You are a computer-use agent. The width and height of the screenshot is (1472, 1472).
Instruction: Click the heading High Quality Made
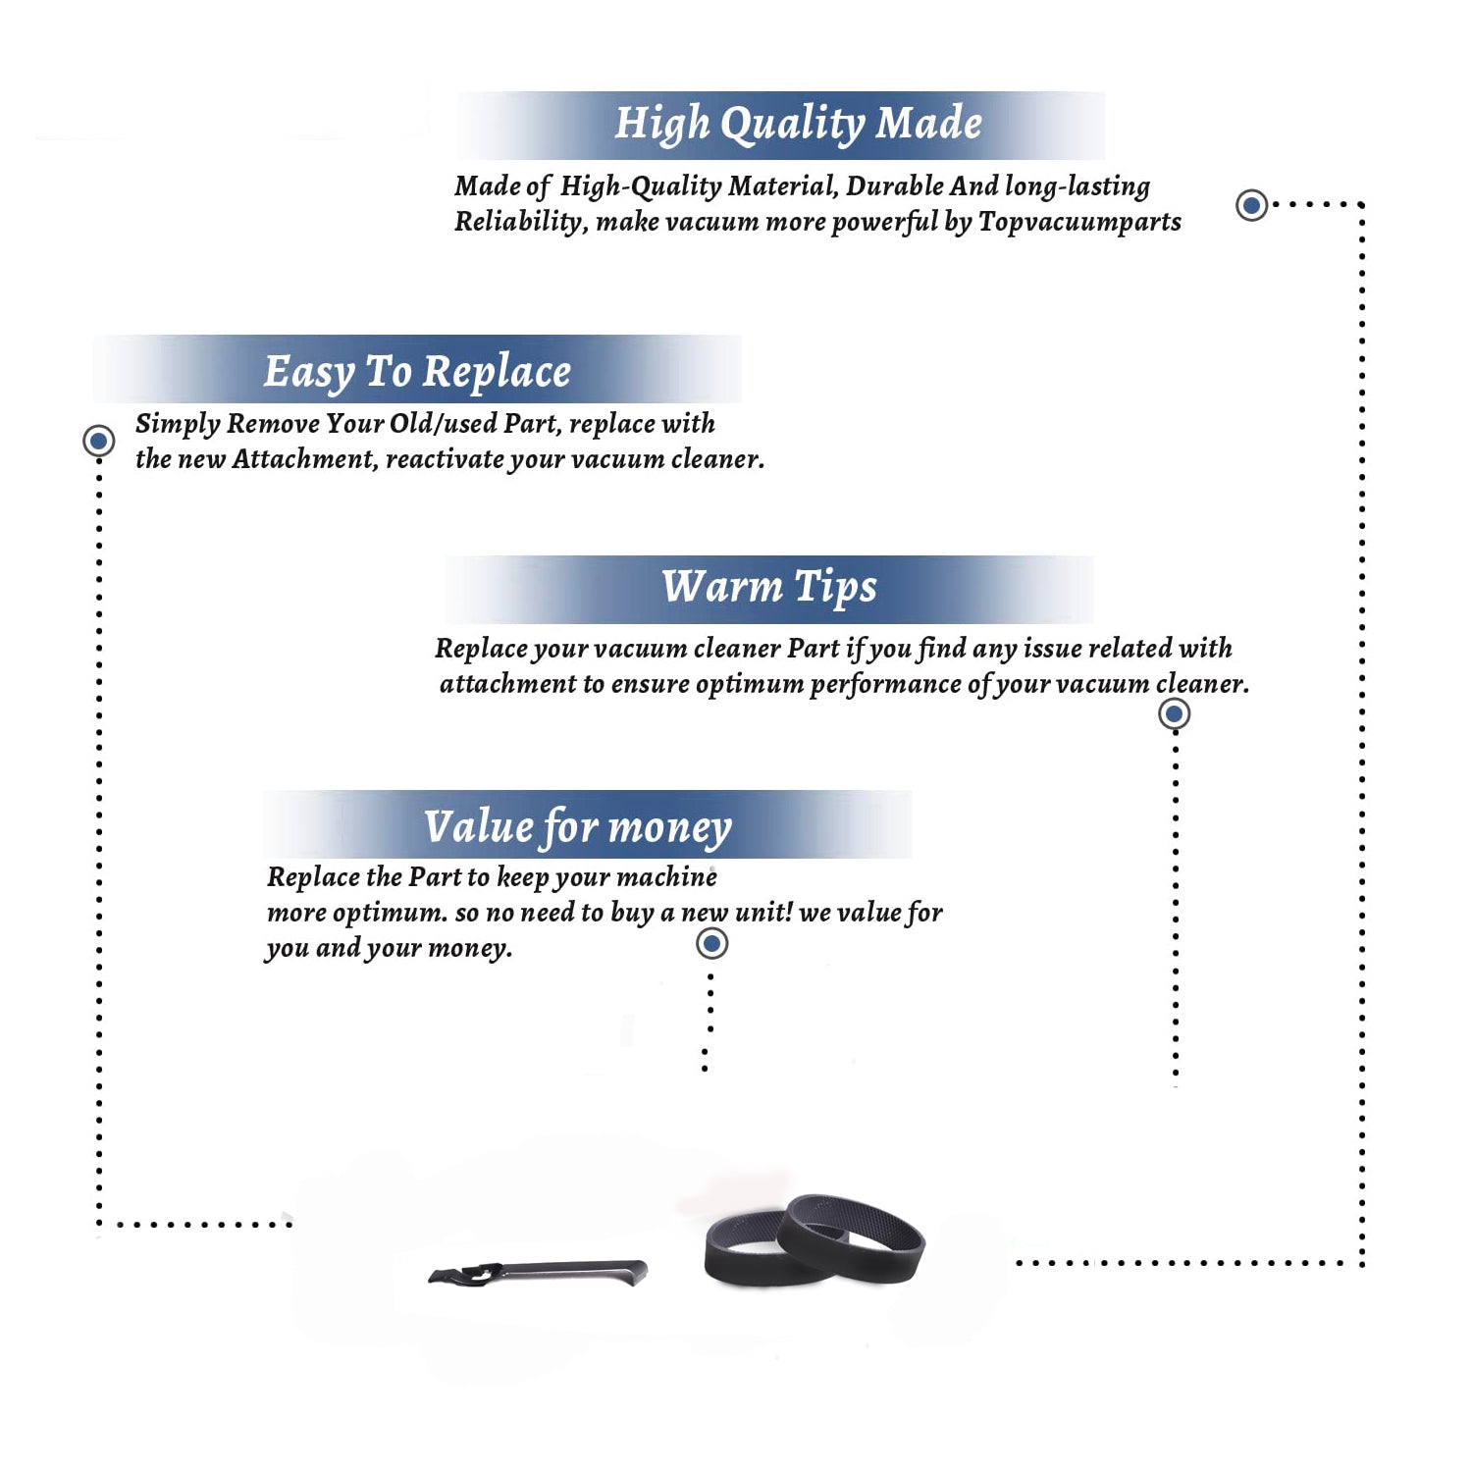798,125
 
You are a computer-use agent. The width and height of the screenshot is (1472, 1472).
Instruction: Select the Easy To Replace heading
417,373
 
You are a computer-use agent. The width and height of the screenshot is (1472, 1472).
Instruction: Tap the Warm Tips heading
769,588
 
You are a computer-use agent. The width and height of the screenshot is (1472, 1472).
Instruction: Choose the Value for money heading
578,827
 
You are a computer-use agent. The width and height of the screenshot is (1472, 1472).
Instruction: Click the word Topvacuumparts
1079,223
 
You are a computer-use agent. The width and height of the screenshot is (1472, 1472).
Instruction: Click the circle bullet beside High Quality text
1251,205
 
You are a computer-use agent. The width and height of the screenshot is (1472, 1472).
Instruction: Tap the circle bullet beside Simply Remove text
98,441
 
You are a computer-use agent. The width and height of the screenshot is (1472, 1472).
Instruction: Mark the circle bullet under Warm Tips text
1174,713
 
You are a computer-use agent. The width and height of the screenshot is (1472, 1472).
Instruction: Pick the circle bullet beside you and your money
711,944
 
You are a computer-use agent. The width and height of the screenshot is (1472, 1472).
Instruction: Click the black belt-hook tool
538,1272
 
